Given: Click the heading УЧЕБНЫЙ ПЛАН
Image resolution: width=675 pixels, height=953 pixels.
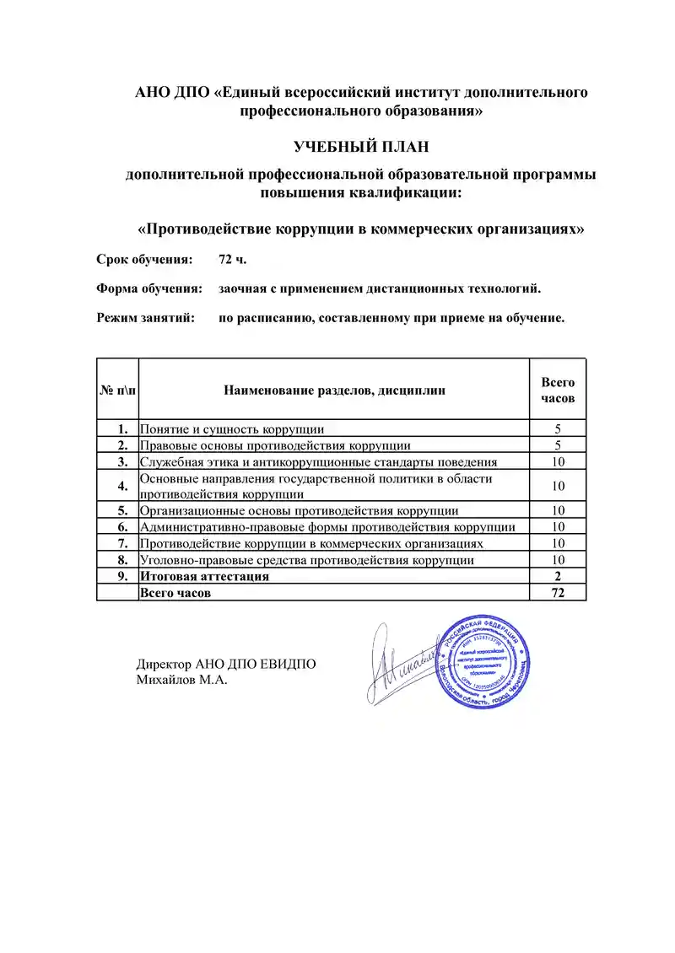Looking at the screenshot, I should (x=361, y=147).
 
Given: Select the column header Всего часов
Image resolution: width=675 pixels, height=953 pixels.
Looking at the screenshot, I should (x=558, y=390).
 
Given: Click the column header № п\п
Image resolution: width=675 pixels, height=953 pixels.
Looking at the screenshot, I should (x=117, y=390).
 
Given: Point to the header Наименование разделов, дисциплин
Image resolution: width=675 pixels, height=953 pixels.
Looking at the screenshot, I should (x=334, y=390).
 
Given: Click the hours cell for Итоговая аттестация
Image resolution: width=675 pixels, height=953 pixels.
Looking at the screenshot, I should (x=558, y=577).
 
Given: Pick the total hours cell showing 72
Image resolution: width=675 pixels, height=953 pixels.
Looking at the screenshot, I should (x=558, y=593).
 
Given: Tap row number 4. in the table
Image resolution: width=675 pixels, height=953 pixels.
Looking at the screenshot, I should (x=122, y=486).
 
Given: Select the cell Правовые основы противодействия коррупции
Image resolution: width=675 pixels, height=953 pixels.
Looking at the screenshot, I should (x=275, y=445).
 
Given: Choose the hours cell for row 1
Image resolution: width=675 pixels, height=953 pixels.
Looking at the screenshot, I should (x=558, y=429).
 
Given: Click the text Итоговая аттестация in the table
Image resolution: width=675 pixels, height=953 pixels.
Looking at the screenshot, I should (x=204, y=577).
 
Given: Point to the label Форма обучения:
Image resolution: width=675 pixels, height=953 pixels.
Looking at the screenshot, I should (x=149, y=288).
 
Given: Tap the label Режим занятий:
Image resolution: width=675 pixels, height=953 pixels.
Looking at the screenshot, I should (x=145, y=318).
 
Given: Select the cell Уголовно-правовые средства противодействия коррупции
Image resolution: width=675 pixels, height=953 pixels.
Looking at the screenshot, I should (x=306, y=560).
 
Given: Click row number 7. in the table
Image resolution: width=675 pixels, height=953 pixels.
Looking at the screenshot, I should (x=122, y=544).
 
